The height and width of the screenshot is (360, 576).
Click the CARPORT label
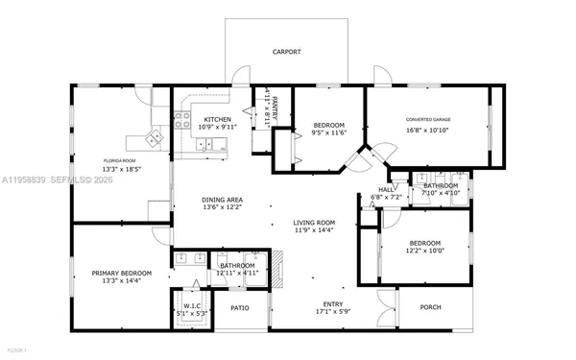pos(286,52)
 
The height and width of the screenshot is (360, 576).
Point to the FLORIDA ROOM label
pos(121,161)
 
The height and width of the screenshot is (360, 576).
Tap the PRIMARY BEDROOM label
pos(121,274)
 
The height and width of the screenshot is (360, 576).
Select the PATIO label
pos(239,308)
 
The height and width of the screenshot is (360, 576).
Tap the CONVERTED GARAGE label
pos(428,120)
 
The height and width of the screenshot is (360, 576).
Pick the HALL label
pos(384,190)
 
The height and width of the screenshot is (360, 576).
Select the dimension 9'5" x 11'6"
pos(327,134)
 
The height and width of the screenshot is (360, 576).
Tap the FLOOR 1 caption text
pos(17,350)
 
